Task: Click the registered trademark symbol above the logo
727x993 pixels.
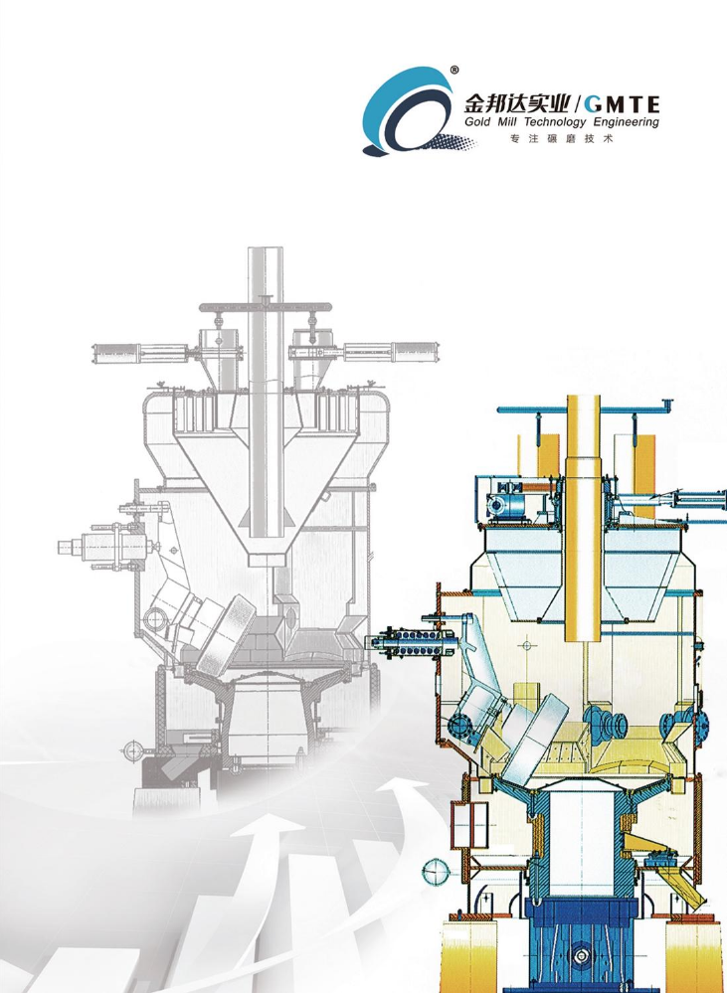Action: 454,71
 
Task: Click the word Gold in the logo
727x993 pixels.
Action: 477,121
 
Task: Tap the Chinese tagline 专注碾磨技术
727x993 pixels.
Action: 562,140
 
